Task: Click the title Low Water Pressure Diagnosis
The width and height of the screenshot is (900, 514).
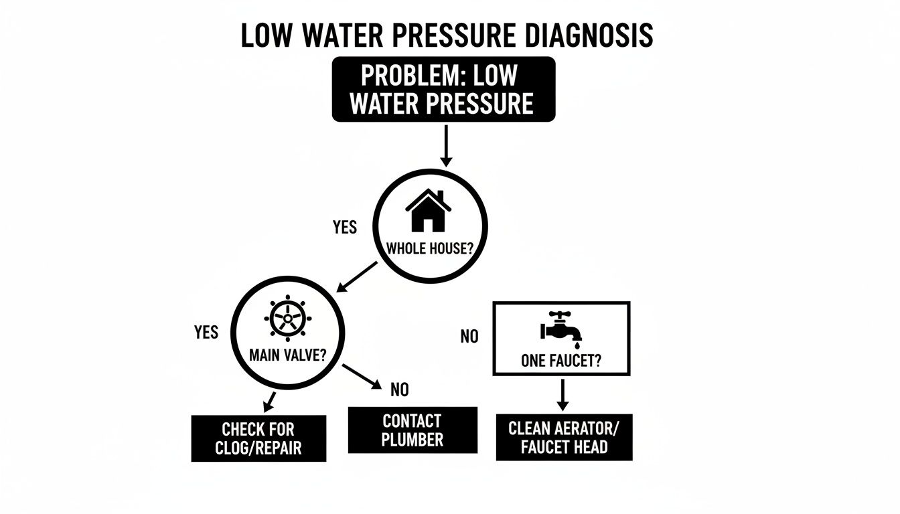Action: [x=447, y=35]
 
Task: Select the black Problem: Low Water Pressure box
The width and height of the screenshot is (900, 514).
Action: [x=443, y=89]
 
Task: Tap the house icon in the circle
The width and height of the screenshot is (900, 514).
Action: [x=427, y=209]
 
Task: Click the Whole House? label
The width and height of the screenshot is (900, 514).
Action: [x=430, y=248]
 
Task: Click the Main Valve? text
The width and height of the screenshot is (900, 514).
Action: [x=287, y=354]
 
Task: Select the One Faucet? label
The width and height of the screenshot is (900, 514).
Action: [x=561, y=361]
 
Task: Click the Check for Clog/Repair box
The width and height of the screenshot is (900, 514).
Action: [x=258, y=438]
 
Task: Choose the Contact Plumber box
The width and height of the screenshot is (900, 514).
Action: [x=412, y=430]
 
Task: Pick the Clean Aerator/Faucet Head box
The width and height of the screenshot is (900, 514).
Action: [x=564, y=438]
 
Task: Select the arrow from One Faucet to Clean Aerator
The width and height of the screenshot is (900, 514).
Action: [x=562, y=395]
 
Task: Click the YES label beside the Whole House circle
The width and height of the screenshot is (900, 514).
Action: [x=345, y=228]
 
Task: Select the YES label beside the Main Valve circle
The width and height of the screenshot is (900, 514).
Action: [x=206, y=333]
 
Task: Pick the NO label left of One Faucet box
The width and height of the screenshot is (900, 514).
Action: [x=469, y=337]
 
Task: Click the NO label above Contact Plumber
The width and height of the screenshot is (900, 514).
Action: [x=399, y=389]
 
